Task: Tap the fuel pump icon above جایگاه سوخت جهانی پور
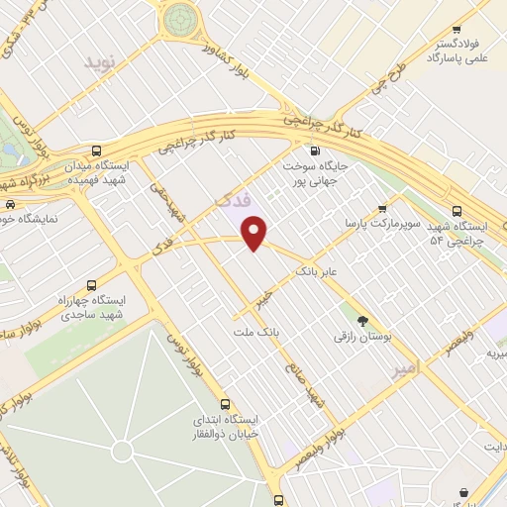315,152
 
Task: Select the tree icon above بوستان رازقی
361,320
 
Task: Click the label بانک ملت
252,333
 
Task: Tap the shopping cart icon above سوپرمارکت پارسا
382,209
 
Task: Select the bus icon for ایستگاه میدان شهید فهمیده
95,151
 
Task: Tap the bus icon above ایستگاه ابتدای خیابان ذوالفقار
227,404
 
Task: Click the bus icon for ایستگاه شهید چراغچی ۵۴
456,211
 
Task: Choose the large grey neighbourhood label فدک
234,202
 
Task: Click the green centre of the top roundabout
181,17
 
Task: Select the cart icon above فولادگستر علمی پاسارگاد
456,30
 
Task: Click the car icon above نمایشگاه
9,206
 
